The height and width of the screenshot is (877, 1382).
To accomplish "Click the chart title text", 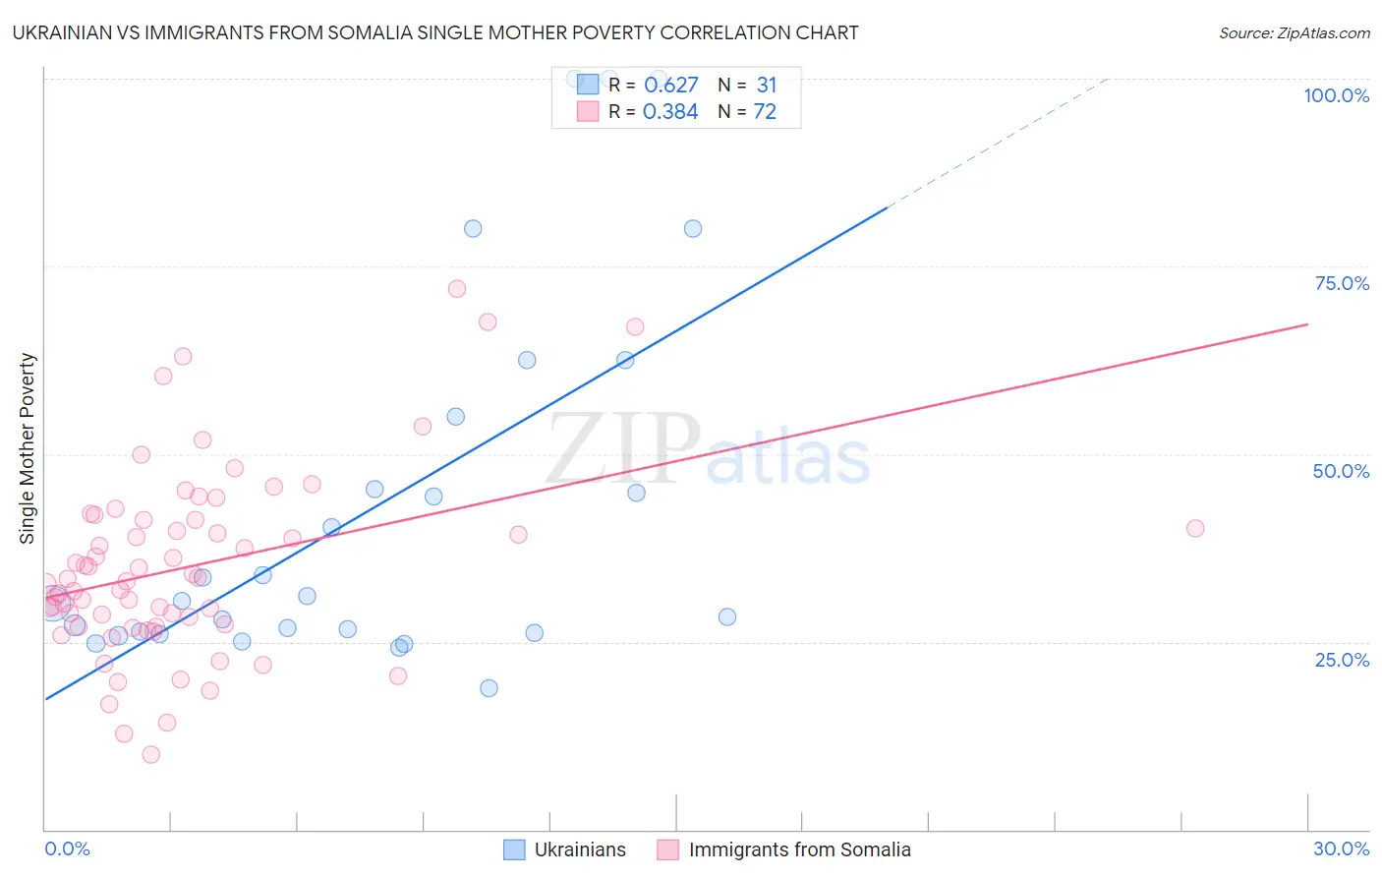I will tap(436, 32).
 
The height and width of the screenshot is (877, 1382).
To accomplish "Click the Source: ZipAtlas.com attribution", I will tap(1294, 32).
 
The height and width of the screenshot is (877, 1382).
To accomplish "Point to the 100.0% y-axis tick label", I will tap(1336, 95).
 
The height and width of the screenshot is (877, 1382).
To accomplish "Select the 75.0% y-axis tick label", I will tap(1342, 283).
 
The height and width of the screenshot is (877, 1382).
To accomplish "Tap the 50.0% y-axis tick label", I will tap(1341, 471).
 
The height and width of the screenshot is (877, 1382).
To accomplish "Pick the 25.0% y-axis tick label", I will tap(1342, 659).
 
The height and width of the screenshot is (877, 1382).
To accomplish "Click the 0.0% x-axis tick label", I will tap(67, 848).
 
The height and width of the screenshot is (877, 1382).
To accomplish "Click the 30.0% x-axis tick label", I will tap(1341, 848).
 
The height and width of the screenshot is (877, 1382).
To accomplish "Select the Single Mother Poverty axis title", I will tap(28, 448).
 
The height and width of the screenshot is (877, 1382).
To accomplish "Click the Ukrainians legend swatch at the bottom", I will tap(514, 849).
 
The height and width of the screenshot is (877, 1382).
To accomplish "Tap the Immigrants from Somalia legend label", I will tap(799, 849).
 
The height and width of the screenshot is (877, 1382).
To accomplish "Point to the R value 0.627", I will tap(670, 86).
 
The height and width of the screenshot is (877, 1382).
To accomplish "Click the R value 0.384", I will tap(670, 112).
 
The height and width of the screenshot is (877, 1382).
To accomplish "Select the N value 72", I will tap(765, 112).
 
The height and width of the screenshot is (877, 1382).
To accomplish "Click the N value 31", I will tap(767, 86).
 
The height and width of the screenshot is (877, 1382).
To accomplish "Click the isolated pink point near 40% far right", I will tap(1195, 528).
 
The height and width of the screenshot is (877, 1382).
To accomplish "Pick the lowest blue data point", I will tap(489, 688).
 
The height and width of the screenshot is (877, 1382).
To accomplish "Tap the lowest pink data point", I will tap(150, 755).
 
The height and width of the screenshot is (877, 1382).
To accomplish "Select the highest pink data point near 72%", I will tap(457, 289).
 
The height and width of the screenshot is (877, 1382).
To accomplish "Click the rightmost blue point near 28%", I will tap(727, 617).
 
